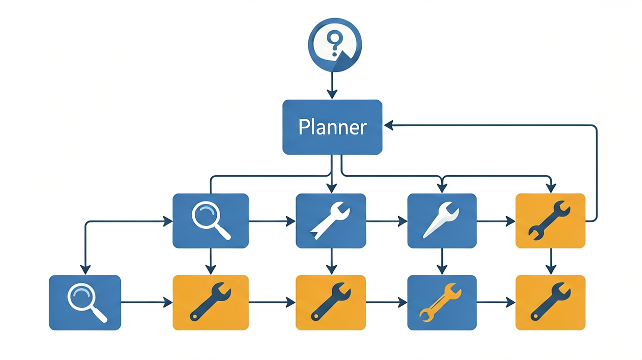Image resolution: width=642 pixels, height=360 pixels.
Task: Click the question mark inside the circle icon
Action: coord(335,43)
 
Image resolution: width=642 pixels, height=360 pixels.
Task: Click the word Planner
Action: coord(332,127)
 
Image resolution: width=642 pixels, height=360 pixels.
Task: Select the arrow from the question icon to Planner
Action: coord(332,85)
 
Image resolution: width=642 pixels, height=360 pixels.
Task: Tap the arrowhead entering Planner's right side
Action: coord(389,125)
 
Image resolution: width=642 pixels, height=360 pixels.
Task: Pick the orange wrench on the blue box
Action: coord(440,302)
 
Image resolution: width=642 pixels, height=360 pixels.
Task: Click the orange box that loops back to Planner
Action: coord(550,221)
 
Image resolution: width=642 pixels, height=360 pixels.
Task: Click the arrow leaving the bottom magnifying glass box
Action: coord(146,302)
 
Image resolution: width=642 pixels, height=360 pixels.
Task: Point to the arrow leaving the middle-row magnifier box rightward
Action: coord(272,221)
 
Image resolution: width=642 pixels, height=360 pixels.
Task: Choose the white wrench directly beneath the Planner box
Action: coord(330,221)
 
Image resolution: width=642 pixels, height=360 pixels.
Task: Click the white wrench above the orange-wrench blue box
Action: coord(441,220)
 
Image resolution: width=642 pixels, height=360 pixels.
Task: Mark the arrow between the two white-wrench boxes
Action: coord(387,221)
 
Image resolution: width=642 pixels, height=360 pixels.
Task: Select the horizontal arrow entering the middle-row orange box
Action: coord(496,221)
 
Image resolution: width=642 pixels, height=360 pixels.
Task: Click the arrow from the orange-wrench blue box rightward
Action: coord(496,302)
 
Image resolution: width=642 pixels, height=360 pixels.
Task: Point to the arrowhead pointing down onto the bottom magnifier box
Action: coord(85,270)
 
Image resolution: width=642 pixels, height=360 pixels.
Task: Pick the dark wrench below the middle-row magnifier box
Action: coord(210,302)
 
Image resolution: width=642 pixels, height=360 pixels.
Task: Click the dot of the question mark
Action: coord(335,54)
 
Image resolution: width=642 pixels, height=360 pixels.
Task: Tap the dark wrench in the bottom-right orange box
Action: coord(550,302)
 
